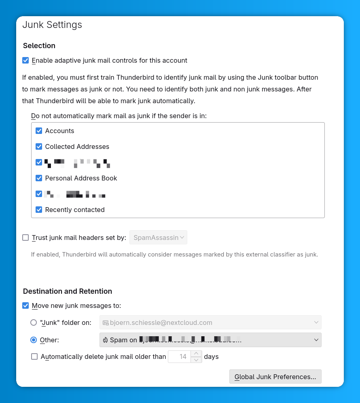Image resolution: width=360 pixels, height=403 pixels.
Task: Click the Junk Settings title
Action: pos(52,25)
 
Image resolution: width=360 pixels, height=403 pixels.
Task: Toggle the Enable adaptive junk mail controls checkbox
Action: pos(25,61)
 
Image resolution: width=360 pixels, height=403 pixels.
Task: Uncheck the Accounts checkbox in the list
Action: pos(39,131)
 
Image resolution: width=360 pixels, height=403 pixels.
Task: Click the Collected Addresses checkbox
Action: pos(39,146)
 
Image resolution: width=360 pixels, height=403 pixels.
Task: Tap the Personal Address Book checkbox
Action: pos(39,178)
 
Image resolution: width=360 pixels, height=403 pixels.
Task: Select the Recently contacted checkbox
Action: pos(39,210)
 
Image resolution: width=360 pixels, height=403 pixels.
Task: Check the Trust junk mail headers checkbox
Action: pos(25,238)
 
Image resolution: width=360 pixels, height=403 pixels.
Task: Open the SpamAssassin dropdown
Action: pos(158,238)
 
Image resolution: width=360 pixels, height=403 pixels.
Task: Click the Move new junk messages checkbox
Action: pos(25,306)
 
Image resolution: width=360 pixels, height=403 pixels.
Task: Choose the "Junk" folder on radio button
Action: pos(34,322)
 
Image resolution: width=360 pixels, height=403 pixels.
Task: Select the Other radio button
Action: pos(34,340)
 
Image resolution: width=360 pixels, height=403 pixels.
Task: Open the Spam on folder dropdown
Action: pos(210,340)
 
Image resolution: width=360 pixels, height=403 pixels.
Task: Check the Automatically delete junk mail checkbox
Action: pos(34,357)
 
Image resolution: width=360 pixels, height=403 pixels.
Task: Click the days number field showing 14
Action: pos(179,357)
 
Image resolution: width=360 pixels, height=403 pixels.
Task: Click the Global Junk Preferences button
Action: pos(275,377)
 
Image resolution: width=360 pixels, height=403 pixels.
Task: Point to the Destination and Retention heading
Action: pos(68,291)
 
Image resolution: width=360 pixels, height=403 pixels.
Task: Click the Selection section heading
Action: pos(39,46)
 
